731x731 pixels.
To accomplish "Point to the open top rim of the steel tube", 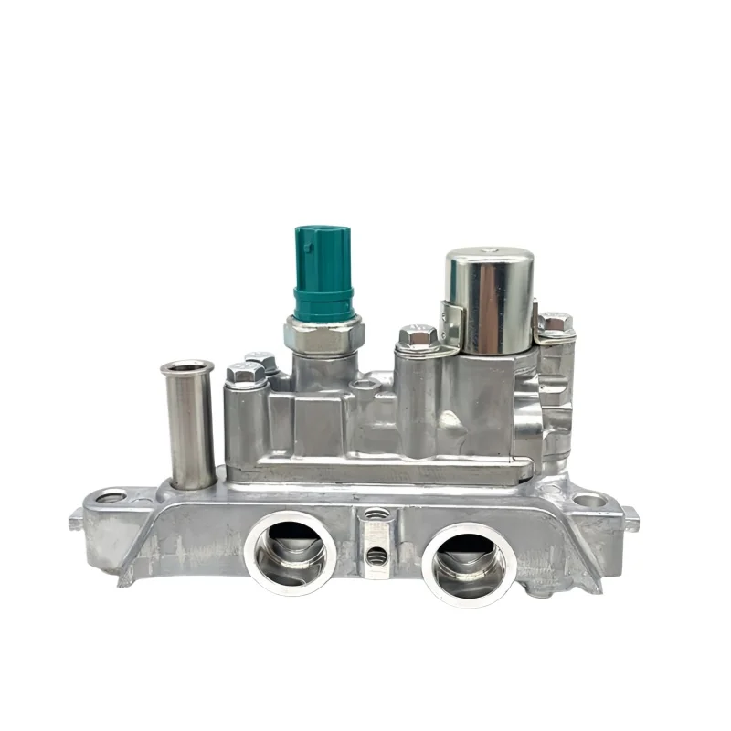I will [x=187, y=367].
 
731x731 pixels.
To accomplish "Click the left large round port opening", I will [x=290, y=552].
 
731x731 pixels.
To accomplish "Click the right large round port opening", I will [x=469, y=563].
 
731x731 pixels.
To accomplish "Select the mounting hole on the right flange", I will [x=589, y=500].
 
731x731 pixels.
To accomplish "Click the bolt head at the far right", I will [x=555, y=323].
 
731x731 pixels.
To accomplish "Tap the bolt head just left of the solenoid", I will [x=417, y=337].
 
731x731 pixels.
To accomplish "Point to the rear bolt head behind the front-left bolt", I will [x=262, y=360].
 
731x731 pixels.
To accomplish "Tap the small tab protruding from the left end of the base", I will [x=76, y=522].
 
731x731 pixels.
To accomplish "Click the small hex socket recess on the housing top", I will [x=366, y=386].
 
